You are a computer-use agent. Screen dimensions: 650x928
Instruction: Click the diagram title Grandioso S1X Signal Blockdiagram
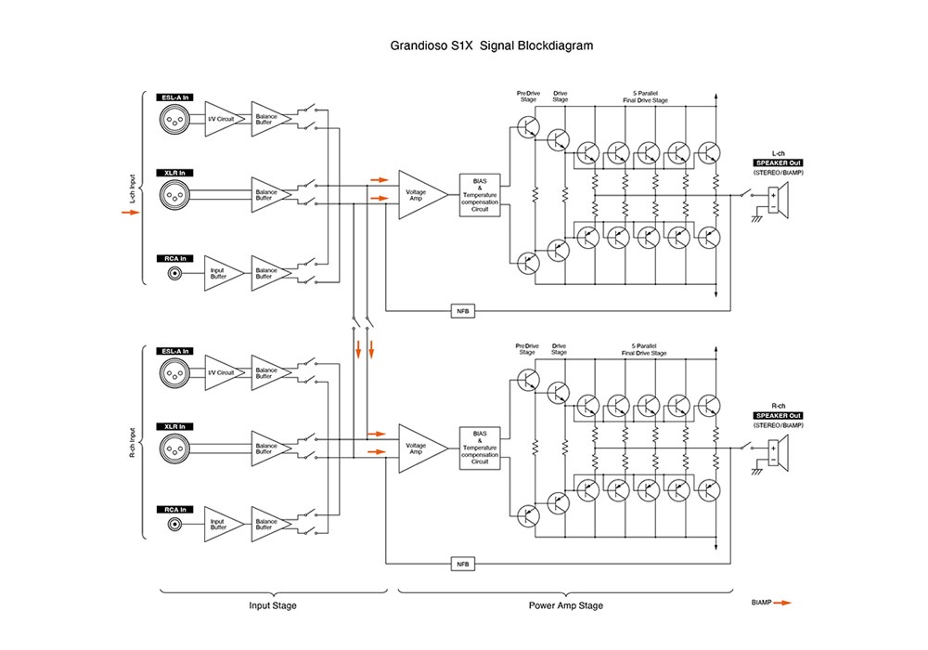click(x=493, y=45)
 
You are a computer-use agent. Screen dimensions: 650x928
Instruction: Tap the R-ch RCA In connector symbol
click(x=174, y=525)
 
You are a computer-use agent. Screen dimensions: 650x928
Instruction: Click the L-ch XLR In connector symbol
click(x=174, y=193)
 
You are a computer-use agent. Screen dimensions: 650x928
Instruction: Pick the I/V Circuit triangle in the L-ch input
click(x=220, y=118)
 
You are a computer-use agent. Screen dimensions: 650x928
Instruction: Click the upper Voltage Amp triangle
click(x=420, y=194)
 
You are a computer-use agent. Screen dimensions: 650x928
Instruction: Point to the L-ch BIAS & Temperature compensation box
click(x=480, y=195)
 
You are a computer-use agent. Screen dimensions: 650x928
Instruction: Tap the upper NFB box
click(x=461, y=311)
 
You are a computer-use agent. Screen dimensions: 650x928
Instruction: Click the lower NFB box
click(x=461, y=564)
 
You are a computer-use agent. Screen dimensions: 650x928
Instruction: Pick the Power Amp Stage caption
click(x=565, y=605)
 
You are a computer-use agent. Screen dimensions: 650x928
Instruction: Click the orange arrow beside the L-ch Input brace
click(x=130, y=213)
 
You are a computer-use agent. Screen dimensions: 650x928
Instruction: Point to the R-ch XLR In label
click(x=174, y=425)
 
